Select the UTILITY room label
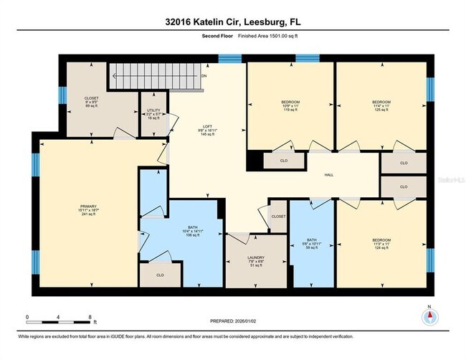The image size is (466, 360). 153,110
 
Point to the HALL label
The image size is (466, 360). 329,175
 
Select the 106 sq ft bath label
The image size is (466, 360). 192,237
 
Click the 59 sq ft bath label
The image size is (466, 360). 310,248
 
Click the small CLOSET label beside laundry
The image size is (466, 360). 278,216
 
